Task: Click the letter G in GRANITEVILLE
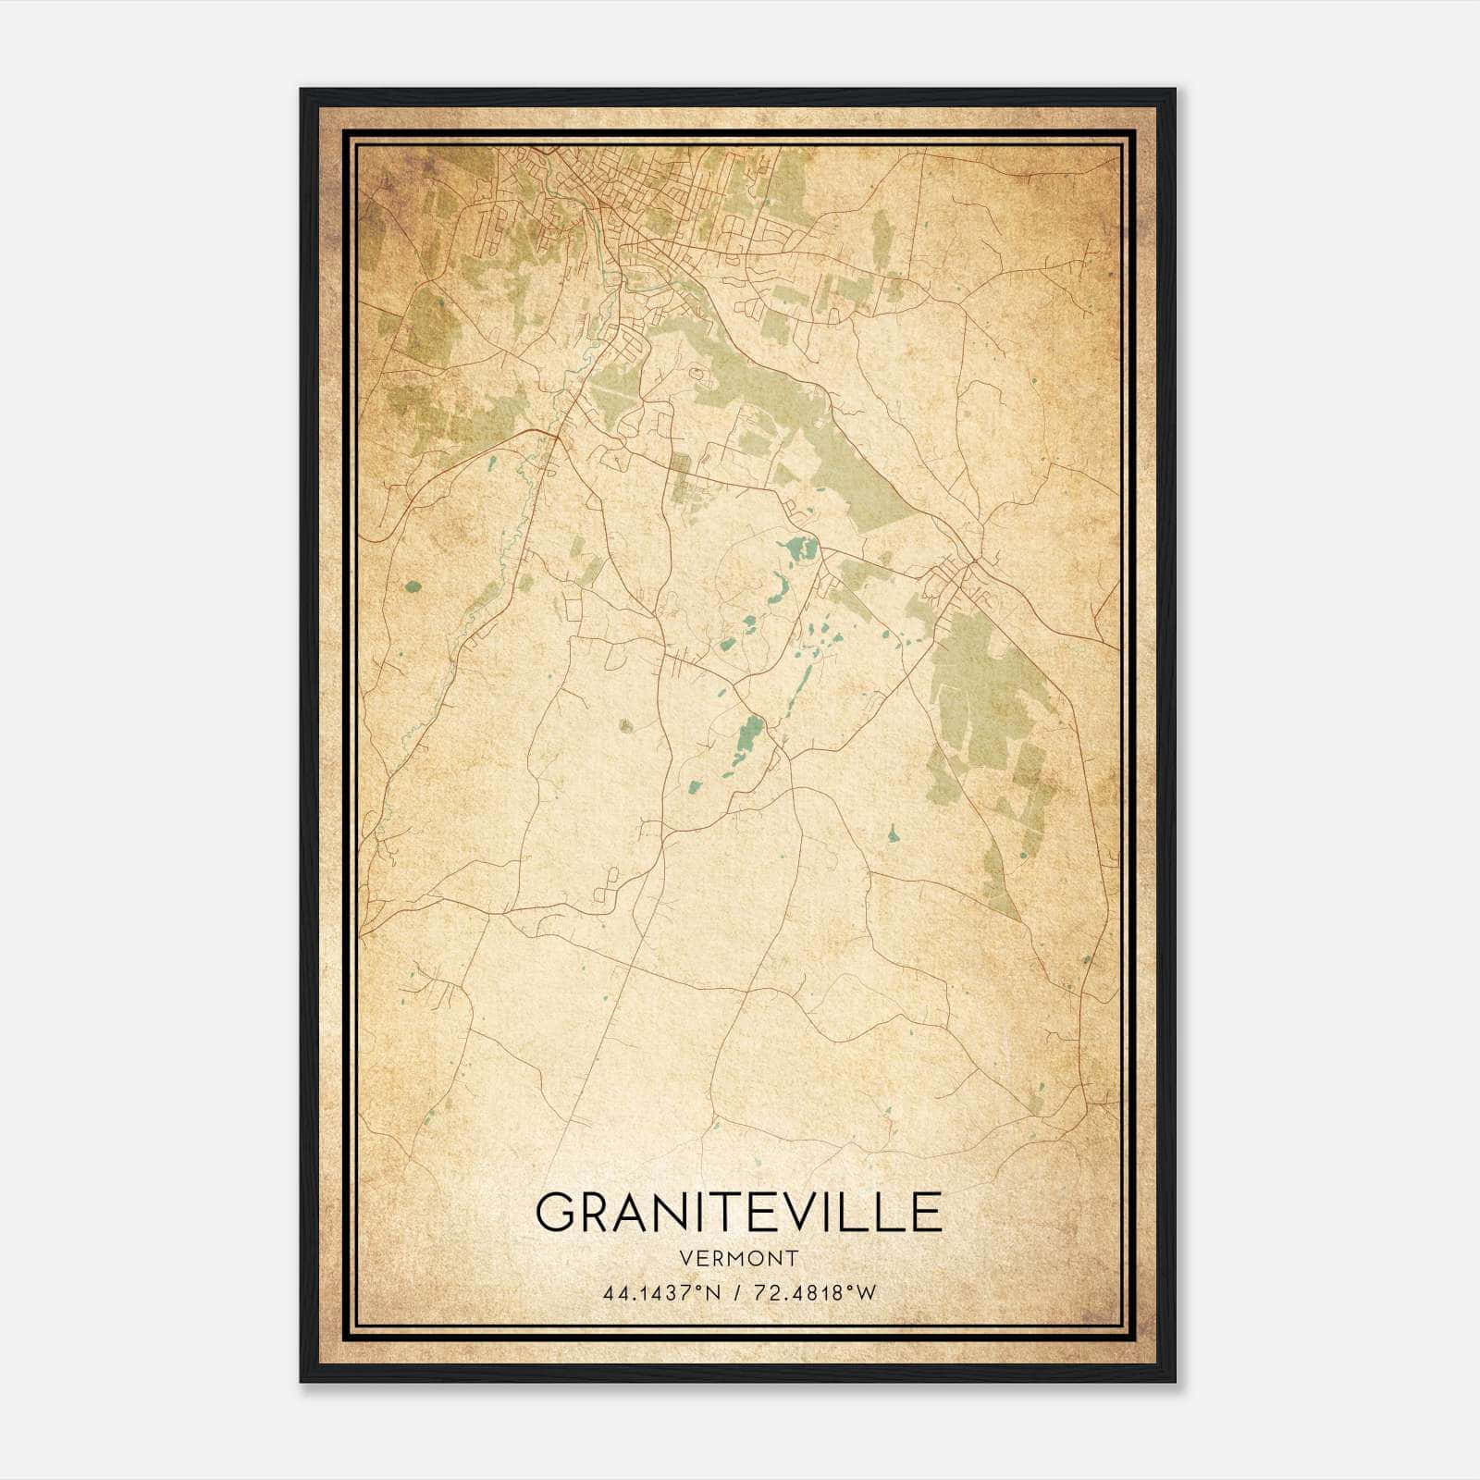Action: point(559,1212)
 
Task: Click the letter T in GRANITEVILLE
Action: point(756,1212)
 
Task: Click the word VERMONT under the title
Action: point(738,1259)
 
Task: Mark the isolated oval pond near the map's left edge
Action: point(413,586)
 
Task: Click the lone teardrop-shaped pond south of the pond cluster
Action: point(893,833)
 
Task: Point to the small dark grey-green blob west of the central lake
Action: point(626,725)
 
